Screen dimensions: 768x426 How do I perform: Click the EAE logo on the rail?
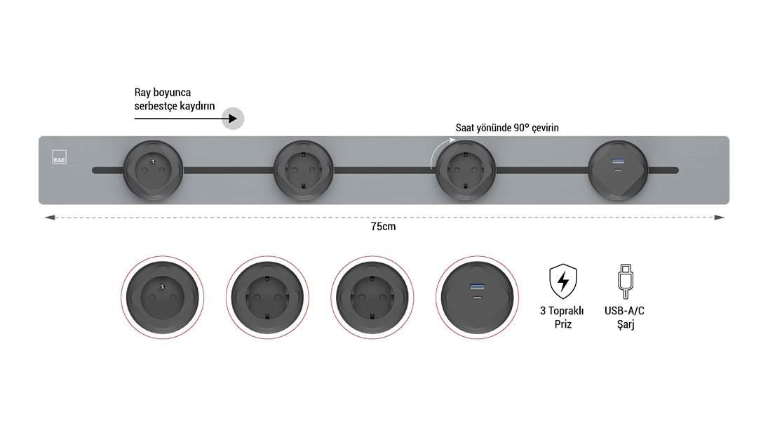point(59,157)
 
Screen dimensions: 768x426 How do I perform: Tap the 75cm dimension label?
point(383,227)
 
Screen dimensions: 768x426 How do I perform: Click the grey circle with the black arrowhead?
point(233,119)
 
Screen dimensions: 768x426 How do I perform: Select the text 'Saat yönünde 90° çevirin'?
point(507,128)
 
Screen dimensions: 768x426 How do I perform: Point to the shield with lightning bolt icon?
point(562,281)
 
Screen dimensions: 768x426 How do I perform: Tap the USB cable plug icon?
point(625,281)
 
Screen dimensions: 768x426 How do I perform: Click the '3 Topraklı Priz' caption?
point(562,317)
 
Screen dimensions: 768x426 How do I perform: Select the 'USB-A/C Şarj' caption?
point(624,317)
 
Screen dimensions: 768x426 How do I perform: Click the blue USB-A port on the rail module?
point(618,161)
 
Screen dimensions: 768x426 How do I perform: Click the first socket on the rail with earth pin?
point(153,171)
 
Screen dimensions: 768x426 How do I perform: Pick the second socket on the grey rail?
point(303,171)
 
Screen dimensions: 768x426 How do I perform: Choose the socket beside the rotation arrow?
point(465,171)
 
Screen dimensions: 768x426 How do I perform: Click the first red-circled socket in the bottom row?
point(163,298)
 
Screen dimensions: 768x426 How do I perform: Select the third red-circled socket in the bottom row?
point(372,298)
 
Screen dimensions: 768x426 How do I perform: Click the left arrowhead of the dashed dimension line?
point(49,218)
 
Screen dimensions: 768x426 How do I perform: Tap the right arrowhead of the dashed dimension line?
point(720,218)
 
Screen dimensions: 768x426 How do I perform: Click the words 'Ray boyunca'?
point(163,93)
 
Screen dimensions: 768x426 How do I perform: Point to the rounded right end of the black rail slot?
point(676,171)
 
